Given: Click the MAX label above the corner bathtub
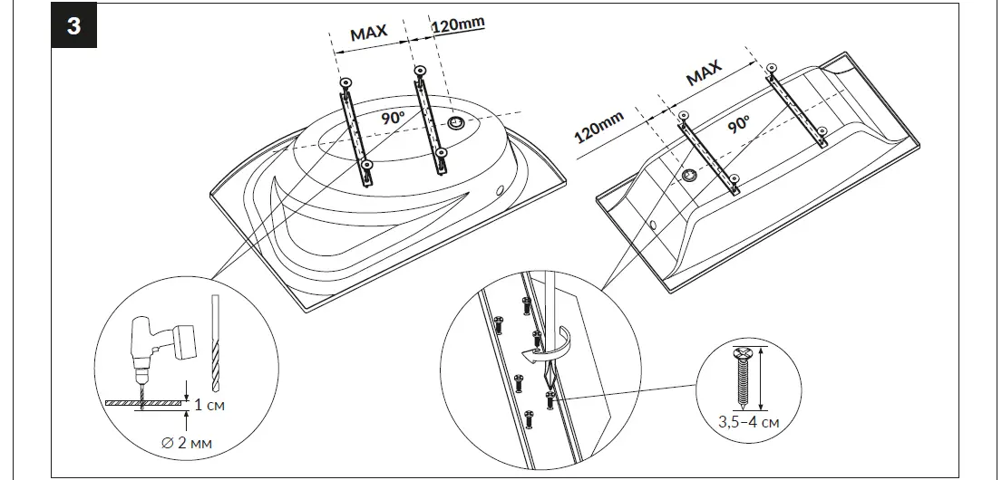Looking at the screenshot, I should coord(369,34).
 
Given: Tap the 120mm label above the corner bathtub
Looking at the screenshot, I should coord(457,25).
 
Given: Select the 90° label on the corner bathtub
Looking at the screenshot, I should coord(392,119).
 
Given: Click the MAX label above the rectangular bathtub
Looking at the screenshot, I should coord(704,72).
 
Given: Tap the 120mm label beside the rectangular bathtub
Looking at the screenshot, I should coord(600,128).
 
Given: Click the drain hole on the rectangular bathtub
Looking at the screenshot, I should coord(690,175).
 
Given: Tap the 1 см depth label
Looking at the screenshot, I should coord(209,404).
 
